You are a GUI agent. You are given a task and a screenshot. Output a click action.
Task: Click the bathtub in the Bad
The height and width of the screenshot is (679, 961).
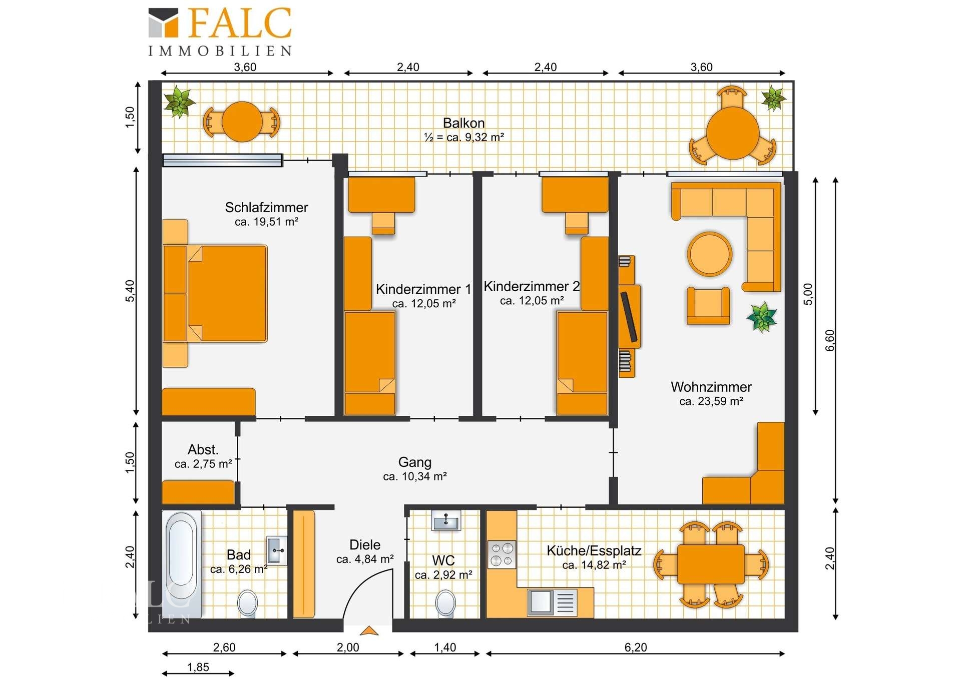click(182, 564)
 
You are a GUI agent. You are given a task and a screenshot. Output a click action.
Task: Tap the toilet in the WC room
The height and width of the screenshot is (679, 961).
click(445, 603)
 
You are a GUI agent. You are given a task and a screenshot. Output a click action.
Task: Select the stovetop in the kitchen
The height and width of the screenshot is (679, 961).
click(502, 554)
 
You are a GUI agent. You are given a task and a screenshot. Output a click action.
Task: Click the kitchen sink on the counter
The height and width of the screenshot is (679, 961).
click(552, 602)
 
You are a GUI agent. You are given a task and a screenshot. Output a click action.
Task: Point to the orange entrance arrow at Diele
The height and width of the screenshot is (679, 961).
click(369, 630)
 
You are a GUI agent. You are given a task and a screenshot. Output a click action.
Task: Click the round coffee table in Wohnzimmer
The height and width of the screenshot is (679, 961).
click(709, 254)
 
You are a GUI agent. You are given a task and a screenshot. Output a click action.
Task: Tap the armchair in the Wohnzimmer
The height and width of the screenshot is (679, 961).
click(708, 306)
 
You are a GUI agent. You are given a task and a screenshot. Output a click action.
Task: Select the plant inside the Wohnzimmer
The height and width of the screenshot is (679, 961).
click(761, 317)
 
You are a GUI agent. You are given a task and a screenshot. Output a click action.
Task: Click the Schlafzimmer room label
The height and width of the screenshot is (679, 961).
click(266, 207)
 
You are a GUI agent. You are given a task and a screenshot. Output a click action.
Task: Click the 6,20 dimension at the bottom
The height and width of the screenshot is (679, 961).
click(636, 647)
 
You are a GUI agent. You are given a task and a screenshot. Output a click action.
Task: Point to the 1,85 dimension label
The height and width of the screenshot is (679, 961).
click(198, 666)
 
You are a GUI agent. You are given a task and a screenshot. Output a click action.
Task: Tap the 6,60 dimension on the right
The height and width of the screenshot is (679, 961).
click(830, 340)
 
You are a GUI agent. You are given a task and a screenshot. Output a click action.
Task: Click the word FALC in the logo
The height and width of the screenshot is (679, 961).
click(240, 24)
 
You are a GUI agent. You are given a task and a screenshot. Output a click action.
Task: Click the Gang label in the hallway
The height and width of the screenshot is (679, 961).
click(415, 462)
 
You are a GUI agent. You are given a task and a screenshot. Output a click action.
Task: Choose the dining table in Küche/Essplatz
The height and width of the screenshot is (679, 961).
click(711, 564)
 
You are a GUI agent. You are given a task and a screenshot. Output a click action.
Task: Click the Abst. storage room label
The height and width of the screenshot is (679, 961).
click(203, 449)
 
